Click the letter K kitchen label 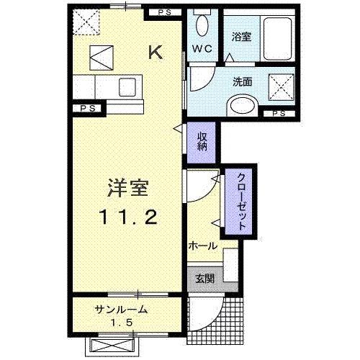tap(155, 51)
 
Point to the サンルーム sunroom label tap(121, 310)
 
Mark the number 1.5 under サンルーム tap(121, 323)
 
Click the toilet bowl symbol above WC tap(202, 27)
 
